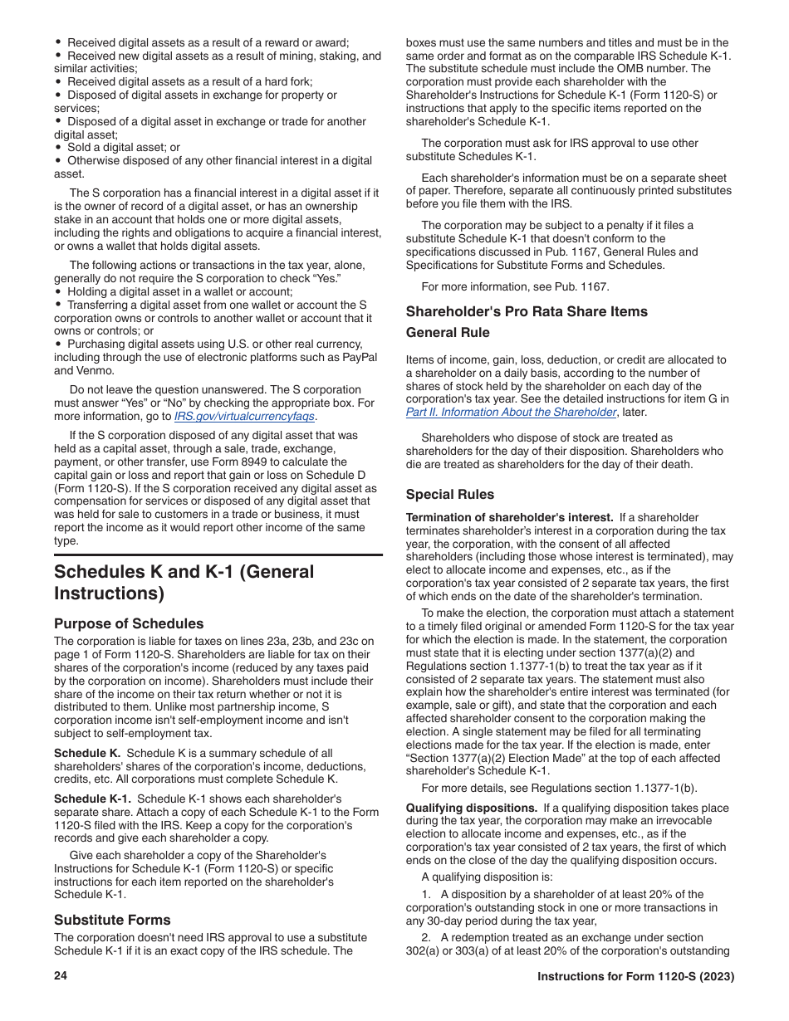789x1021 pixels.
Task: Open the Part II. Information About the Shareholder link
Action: [x=510, y=413]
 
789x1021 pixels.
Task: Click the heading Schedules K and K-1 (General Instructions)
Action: [x=184, y=583]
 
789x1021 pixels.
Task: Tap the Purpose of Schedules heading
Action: [x=129, y=623]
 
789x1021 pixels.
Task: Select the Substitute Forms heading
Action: [x=112, y=920]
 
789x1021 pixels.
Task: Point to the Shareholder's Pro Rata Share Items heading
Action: [x=527, y=312]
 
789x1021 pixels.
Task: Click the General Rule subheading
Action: [x=448, y=333]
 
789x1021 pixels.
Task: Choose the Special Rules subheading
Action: [x=449, y=495]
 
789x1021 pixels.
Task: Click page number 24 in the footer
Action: [x=61, y=977]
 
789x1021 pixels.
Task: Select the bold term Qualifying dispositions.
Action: [x=471, y=808]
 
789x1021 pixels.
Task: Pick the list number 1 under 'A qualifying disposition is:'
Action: [x=426, y=895]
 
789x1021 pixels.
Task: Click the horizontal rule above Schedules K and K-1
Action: [x=218, y=555]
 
